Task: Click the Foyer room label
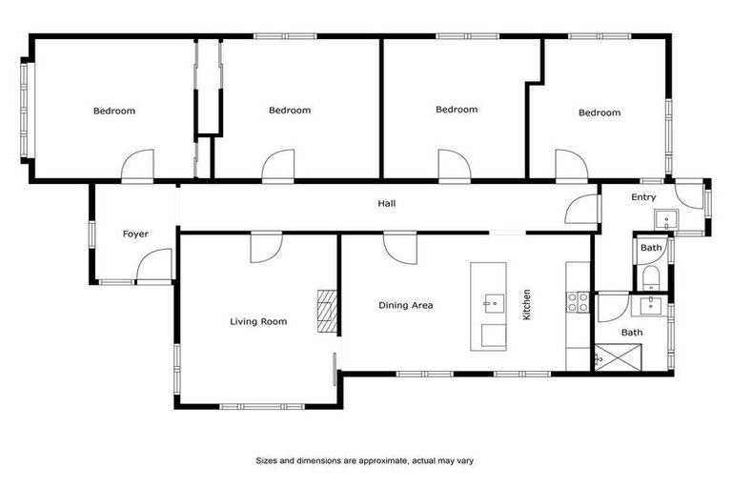[x=135, y=234]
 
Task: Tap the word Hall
[x=386, y=203]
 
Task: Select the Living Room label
[x=258, y=321]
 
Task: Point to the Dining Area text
[x=406, y=305]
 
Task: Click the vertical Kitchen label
[x=526, y=304]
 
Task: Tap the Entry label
[x=643, y=197]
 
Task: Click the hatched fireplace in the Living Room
[x=327, y=311]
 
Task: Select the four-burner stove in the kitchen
[x=578, y=302]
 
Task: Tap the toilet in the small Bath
[x=651, y=277]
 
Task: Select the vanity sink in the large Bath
[x=653, y=305]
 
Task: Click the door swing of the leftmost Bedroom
[x=137, y=166]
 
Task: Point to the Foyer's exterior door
[x=153, y=266]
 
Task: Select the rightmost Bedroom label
[x=599, y=112]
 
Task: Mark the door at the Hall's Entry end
[x=581, y=209]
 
